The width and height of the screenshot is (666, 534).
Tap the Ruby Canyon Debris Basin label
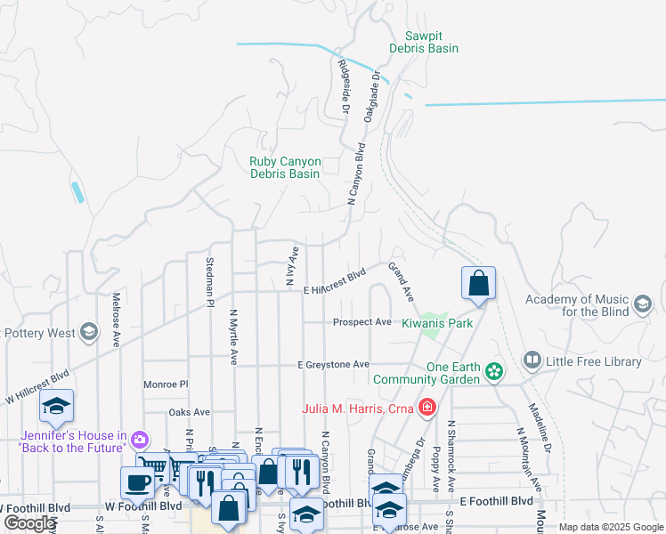point(285,167)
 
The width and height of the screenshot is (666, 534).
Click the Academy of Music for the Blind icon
point(642,306)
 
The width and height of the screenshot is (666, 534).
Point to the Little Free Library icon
point(532,360)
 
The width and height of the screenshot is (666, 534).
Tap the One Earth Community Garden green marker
point(494,369)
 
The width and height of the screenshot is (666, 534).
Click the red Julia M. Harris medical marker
point(428,408)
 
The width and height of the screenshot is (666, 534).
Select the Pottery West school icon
point(87,333)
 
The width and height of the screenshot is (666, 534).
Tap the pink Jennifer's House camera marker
point(139,440)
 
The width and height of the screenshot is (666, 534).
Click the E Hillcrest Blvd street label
point(335,282)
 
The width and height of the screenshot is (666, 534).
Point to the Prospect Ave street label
point(362,321)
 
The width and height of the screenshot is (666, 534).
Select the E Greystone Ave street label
point(333,365)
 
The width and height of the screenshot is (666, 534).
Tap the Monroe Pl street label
point(166,384)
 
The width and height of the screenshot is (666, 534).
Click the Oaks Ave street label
point(189,412)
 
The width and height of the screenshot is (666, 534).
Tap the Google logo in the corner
point(29,523)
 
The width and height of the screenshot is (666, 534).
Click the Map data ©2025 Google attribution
point(610,527)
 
